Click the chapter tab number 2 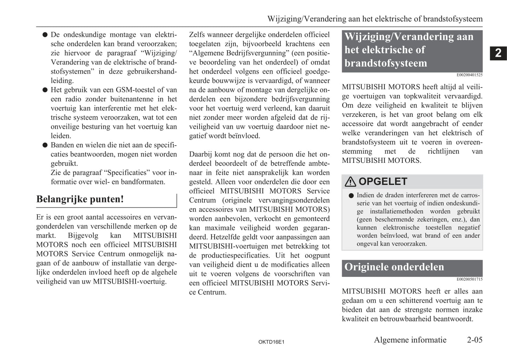[x=498, y=53]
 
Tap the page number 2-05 [x=474, y=340]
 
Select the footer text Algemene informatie [x=410, y=340]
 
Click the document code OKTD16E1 [x=271, y=342]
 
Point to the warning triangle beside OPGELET [x=350, y=181]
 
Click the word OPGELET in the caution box [x=383, y=181]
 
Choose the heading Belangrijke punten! [x=80, y=199]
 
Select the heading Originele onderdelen [x=394, y=267]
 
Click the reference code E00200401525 [x=469, y=75]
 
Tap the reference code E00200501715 [x=469, y=279]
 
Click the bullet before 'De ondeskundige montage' [x=45, y=35]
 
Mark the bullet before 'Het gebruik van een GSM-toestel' [x=45, y=90]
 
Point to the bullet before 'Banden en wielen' [x=45, y=145]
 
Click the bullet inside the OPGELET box [x=351, y=196]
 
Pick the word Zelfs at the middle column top [x=197, y=35]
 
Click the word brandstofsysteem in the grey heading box [x=386, y=63]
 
